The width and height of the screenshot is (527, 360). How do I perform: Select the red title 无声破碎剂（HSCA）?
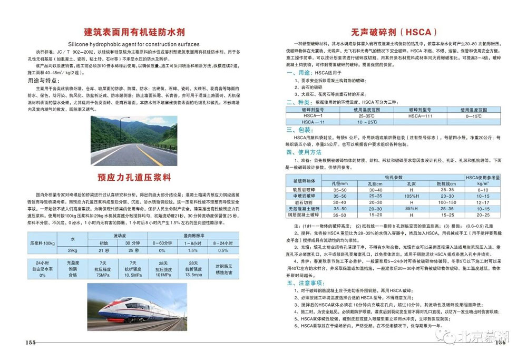[393, 31]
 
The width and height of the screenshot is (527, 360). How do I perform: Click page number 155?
[30, 343]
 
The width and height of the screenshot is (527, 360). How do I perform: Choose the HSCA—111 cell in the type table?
[420, 115]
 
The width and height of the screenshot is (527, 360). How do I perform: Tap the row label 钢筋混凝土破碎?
[303, 215]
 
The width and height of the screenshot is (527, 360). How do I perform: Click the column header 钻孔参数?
[393, 177]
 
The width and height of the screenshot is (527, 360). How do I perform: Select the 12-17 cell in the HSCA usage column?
[483, 202]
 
